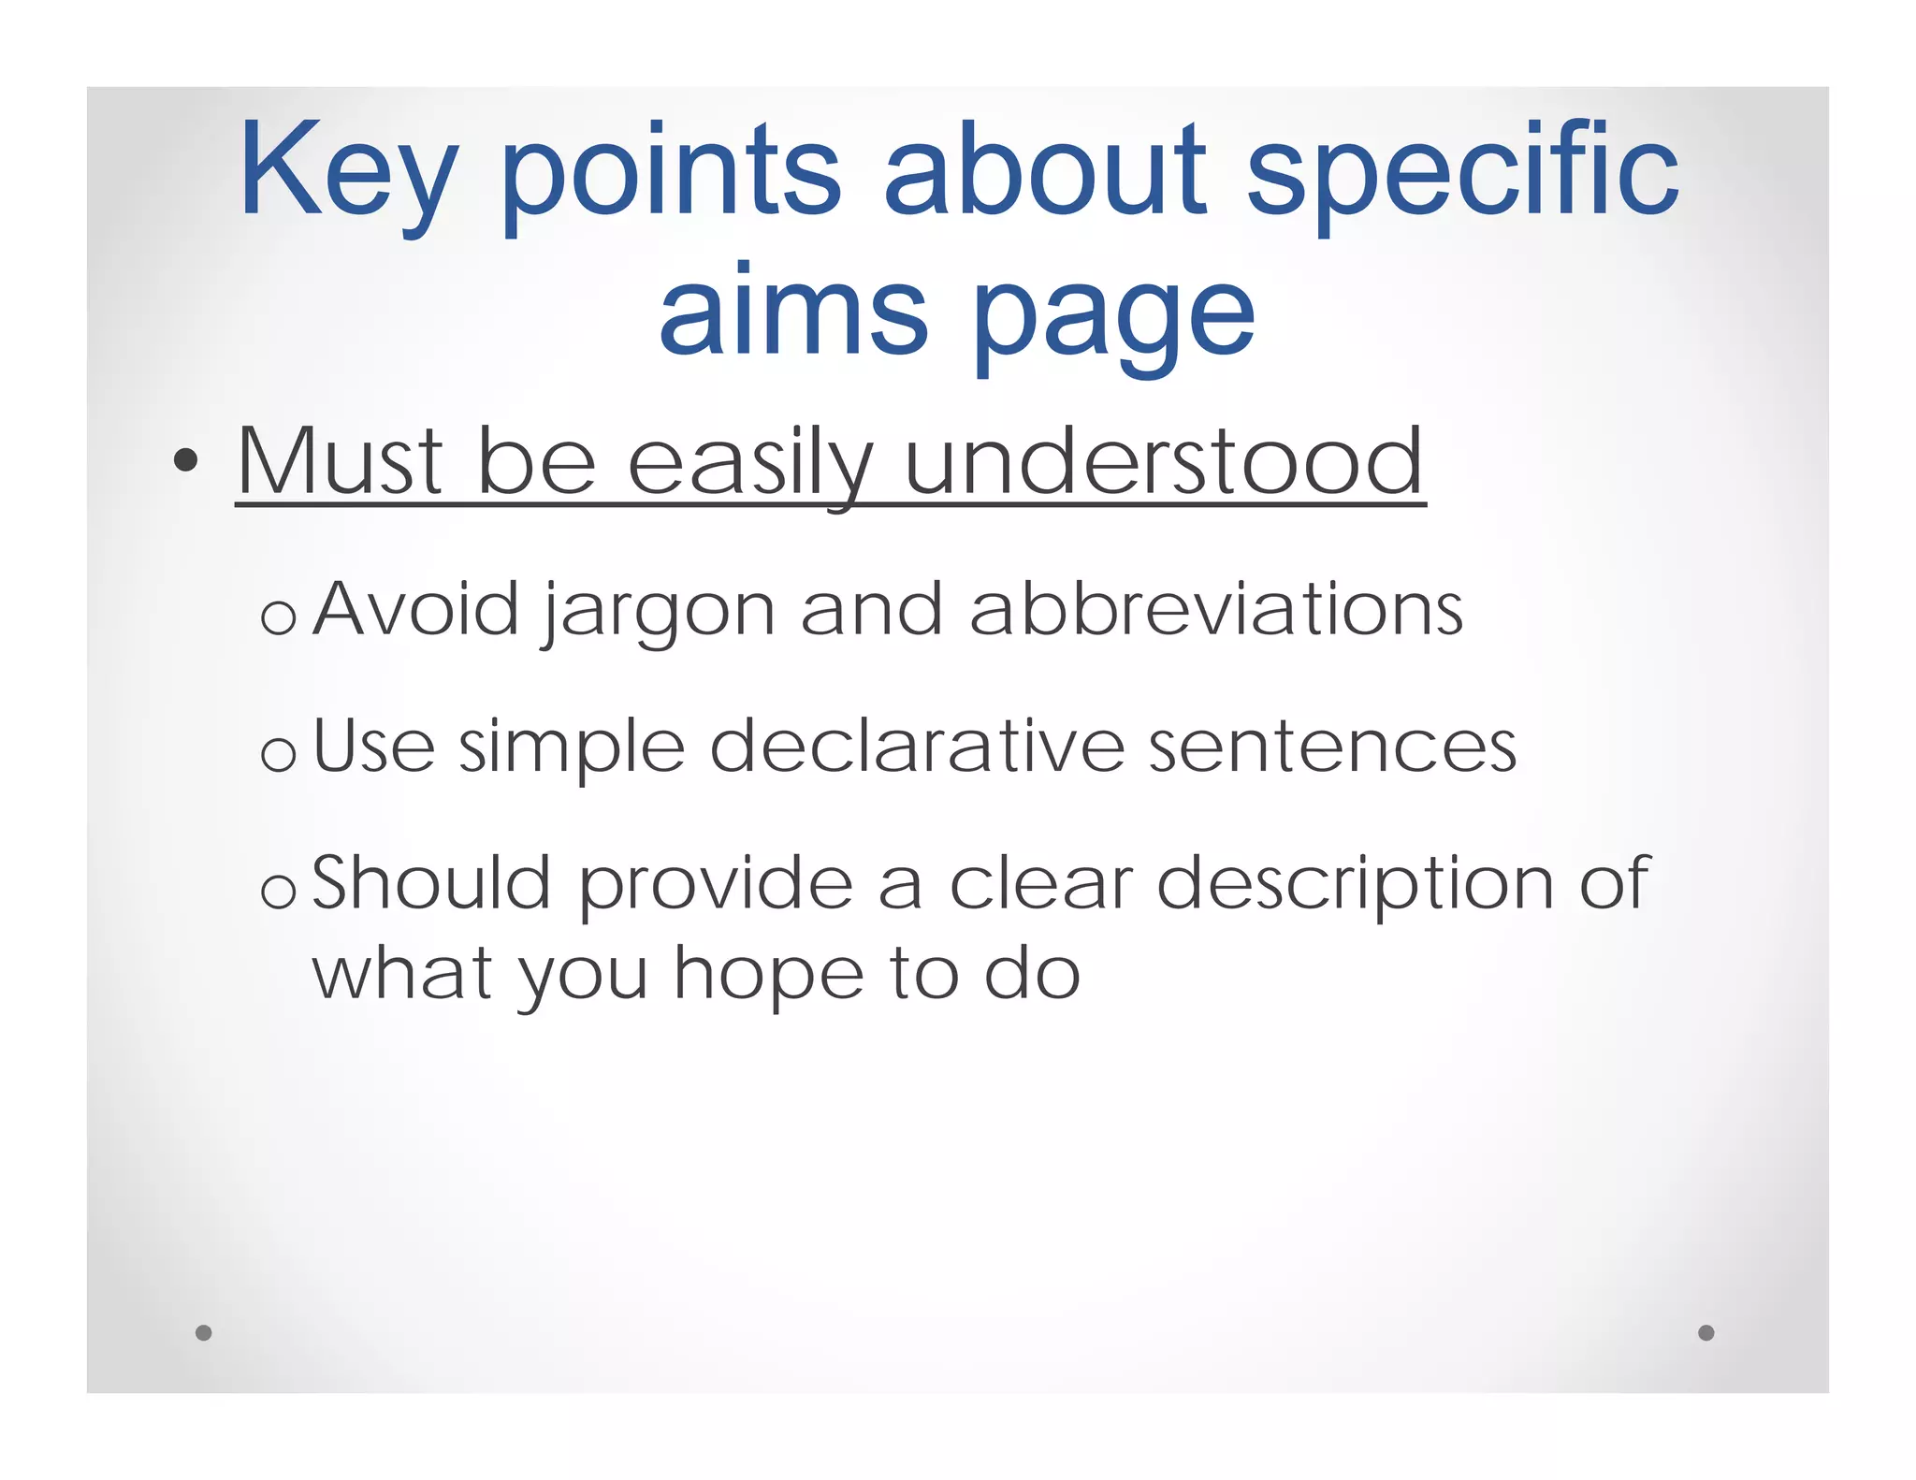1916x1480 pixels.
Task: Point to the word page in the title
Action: click(1113, 318)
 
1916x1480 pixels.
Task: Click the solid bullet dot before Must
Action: click(186, 460)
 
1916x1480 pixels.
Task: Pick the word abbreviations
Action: click(1215, 610)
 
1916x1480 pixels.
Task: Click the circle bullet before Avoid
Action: click(279, 617)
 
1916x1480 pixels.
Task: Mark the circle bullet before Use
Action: click(279, 754)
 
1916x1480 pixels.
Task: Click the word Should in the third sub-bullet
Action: click(431, 883)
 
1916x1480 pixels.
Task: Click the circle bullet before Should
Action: click(279, 892)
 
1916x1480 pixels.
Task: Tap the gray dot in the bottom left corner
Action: click(204, 1332)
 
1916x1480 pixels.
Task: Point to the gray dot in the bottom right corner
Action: click(1706, 1332)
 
